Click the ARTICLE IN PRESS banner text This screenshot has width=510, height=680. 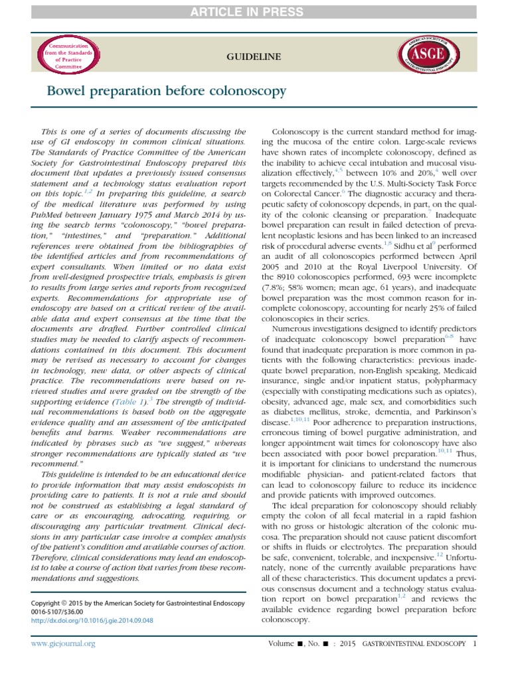254,12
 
